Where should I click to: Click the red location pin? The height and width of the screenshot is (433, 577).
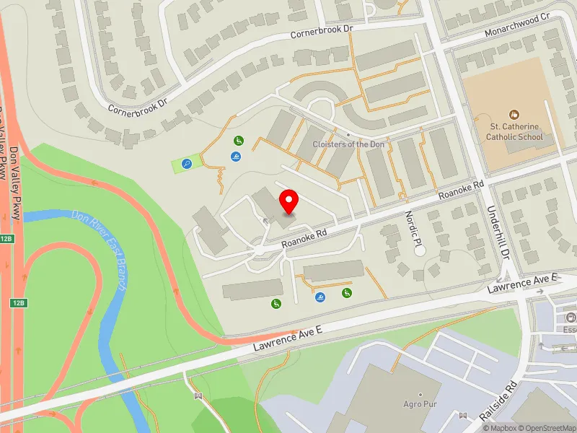(x=289, y=201)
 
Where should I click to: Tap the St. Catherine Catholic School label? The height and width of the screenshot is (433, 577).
(x=513, y=131)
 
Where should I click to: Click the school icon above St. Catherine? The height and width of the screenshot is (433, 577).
(x=514, y=114)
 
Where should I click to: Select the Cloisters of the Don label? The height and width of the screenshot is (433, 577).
(x=348, y=144)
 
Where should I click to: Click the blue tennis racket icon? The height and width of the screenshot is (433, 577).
(x=187, y=165)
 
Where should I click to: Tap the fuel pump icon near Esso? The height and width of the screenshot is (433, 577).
(x=571, y=318)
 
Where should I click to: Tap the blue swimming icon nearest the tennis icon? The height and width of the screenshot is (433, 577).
(x=236, y=157)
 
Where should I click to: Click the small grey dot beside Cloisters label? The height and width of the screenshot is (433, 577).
(x=348, y=135)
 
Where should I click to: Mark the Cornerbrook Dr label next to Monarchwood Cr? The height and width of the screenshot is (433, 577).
(x=321, y=32)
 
